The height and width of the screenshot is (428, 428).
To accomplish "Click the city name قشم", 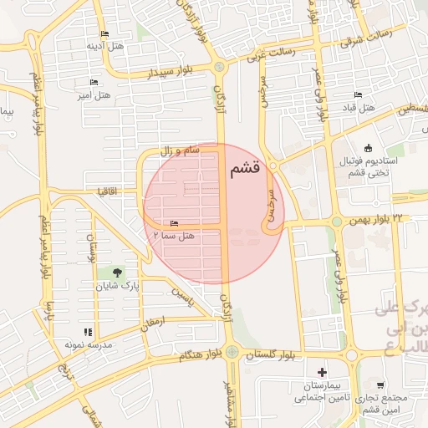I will [243, 169].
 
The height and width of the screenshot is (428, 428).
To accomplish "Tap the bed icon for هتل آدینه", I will [104, 34].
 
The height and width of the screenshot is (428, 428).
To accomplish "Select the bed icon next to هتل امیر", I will [93, 83].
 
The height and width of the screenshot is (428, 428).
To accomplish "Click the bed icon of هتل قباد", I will [358, 94].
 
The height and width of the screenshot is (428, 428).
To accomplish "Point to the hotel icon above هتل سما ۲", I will [174, 223].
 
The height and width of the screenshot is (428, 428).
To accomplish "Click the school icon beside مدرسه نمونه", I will [88, 332].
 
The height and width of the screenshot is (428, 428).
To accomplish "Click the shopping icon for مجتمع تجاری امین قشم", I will [380, 385].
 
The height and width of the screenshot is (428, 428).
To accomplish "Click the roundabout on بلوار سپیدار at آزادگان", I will [219, 67].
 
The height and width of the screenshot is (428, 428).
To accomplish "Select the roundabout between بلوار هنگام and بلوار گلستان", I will [232, 352].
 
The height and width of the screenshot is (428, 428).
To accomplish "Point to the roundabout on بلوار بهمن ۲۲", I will [336, 222].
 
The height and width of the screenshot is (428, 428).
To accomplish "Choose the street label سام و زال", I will [181, 150].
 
